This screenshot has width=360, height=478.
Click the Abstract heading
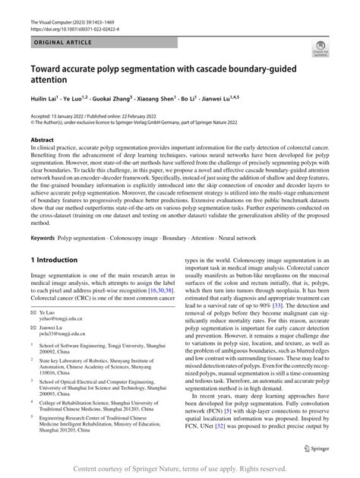click(42, 141)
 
